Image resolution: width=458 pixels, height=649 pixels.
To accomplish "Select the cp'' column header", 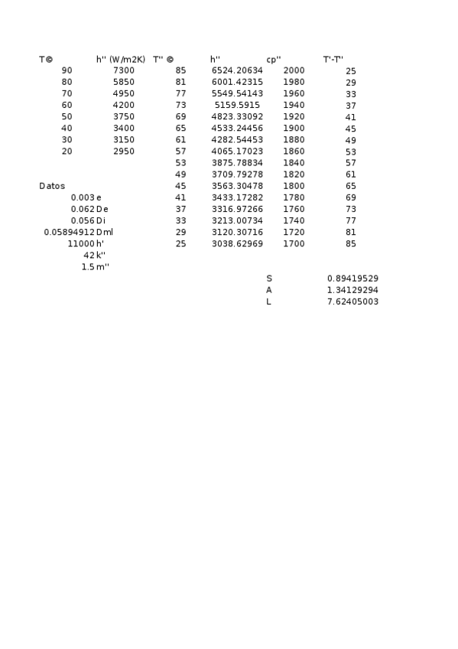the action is click(x=274, y=59).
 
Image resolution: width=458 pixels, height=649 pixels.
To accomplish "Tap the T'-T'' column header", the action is click(x=333, y=59).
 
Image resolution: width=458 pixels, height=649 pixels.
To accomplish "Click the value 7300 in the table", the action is click(x=123, y=70).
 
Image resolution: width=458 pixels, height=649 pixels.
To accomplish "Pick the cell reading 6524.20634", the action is click(x=237, y=70).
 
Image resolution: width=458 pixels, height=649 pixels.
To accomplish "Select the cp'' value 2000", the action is click(x=294, y=70).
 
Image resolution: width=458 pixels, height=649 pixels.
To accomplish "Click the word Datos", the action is click(x=52, y=186).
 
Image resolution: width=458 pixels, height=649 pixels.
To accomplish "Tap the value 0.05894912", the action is click(x=69, y=232).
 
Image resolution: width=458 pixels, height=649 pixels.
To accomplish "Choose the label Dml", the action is click(x=105, y=232).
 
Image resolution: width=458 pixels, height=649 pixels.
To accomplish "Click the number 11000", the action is click(x=81, y=243).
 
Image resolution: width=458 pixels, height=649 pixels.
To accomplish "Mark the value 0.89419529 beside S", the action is click(x=352, y=279).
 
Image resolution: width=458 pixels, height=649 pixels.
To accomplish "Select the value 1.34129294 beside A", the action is click(x=352, y=290).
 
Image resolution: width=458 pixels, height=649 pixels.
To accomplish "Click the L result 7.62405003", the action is click(x=352, y=302).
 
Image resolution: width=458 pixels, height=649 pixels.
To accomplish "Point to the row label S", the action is click(x=269, y=279).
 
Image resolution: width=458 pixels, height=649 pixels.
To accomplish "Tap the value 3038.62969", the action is click(x=237, y=243).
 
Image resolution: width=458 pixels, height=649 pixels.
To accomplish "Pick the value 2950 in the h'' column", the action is click(x=123, y=152).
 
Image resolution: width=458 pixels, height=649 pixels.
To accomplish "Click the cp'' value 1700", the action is click(x=294, y=243).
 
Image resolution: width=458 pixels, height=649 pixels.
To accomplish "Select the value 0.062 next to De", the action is click(x=83, y=209).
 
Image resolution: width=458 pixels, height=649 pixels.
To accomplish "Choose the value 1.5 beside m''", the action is click(x=88, y=266).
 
